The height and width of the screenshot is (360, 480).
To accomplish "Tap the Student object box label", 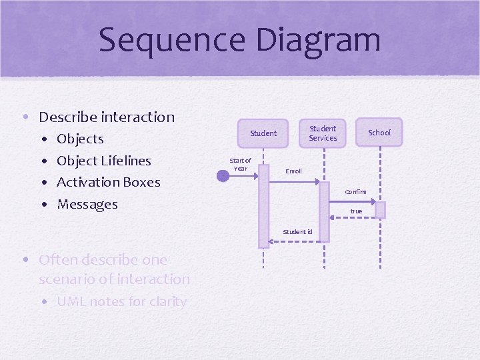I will [263, 133].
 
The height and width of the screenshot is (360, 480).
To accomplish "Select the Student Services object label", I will [323, 133].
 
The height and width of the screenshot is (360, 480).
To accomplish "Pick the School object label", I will [379, 133].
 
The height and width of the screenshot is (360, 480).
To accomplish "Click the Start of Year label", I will [240, 164].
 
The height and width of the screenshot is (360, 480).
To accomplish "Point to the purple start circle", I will [223, 176].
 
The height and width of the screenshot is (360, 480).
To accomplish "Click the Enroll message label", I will [293, 171].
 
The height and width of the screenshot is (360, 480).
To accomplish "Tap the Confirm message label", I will [355, 192].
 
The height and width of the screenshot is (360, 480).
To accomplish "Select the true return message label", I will [357, 211].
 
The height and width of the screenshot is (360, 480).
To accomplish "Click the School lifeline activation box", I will [380, 210].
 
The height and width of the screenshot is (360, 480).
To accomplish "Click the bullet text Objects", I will [80, 139].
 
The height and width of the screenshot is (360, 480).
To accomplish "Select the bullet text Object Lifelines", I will [104, 161].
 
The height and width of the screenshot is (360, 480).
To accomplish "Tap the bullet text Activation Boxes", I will [109, 182].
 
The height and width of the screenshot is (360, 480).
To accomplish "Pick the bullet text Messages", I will [87, 204].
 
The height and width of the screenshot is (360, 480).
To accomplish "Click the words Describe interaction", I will [107, 117].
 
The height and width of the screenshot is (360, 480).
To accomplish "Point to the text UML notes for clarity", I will [121, 301].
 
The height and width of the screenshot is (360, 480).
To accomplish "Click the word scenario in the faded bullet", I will [65, 279].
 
